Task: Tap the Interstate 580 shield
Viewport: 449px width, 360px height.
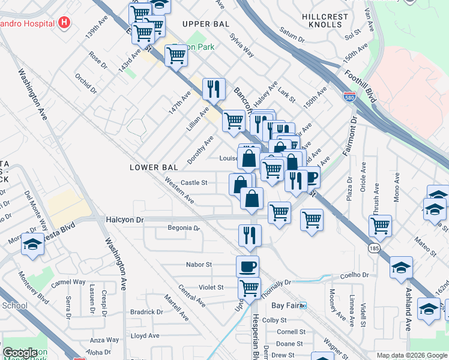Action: point(349,96)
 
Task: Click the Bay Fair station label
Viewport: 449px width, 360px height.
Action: point(285,305)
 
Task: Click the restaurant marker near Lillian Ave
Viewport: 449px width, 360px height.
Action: point(214,89)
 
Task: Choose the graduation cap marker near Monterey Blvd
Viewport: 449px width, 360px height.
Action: point(33,244)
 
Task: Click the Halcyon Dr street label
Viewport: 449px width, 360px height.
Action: point(125,220)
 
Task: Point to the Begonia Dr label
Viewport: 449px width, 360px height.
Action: point(184,229)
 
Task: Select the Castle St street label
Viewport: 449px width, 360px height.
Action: point(194,182)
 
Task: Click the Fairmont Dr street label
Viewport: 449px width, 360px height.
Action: point(350,137)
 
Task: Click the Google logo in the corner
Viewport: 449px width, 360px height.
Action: point(20,353)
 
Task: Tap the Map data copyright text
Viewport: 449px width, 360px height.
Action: point(412,355)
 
